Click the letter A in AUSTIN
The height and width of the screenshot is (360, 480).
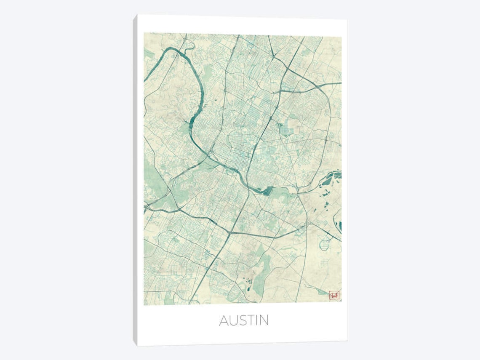[224, 320]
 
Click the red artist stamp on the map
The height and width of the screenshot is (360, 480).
[334, 295]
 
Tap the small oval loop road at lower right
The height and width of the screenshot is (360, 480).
[324, 243]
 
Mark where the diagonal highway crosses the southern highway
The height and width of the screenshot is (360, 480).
[230, 232]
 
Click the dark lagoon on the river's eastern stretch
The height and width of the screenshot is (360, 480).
[267, 192]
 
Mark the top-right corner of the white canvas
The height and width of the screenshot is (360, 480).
[347, 19]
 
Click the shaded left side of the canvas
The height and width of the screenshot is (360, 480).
[135, 181]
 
